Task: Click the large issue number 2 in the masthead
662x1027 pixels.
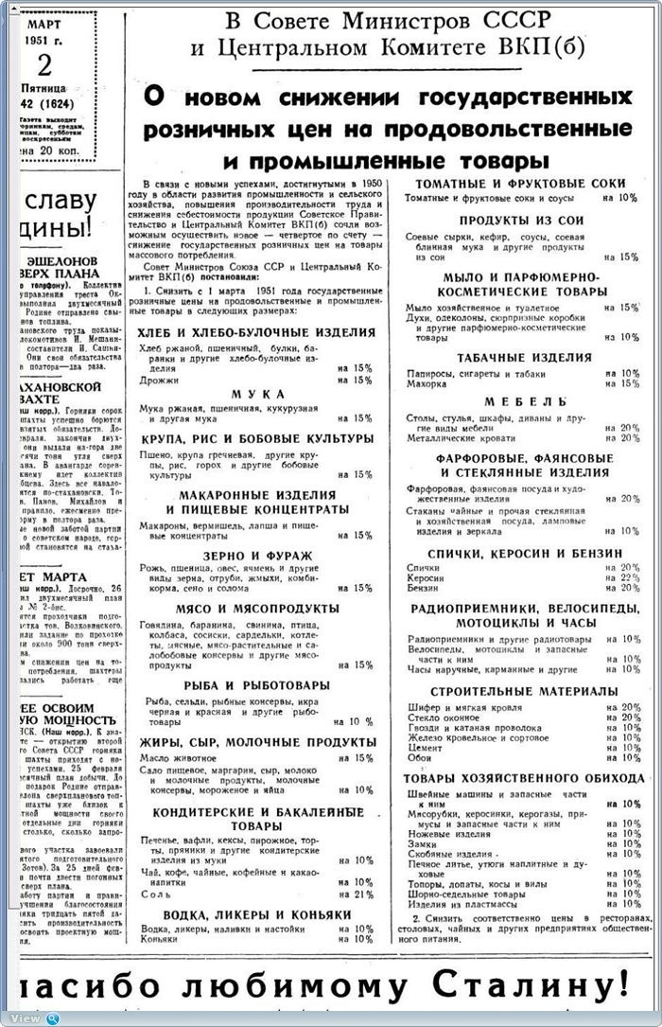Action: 45,66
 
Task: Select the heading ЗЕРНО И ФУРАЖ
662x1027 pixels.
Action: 256,556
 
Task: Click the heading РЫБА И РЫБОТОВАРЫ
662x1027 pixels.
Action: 256,684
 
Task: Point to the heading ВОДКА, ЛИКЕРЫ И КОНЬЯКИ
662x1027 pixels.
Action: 256,915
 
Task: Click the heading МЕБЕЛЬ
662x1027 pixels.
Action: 526,401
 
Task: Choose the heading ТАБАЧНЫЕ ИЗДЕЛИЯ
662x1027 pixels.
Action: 525,358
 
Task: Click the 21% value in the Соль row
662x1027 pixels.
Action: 362,894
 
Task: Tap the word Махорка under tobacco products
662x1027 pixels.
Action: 427,382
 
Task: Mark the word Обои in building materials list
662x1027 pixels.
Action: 421,758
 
